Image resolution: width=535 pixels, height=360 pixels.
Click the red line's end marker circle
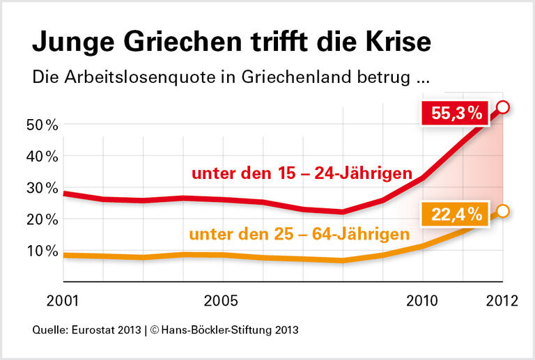504,107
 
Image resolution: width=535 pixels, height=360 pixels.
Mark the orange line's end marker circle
504,211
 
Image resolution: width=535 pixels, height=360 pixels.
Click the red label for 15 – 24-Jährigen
302,173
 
